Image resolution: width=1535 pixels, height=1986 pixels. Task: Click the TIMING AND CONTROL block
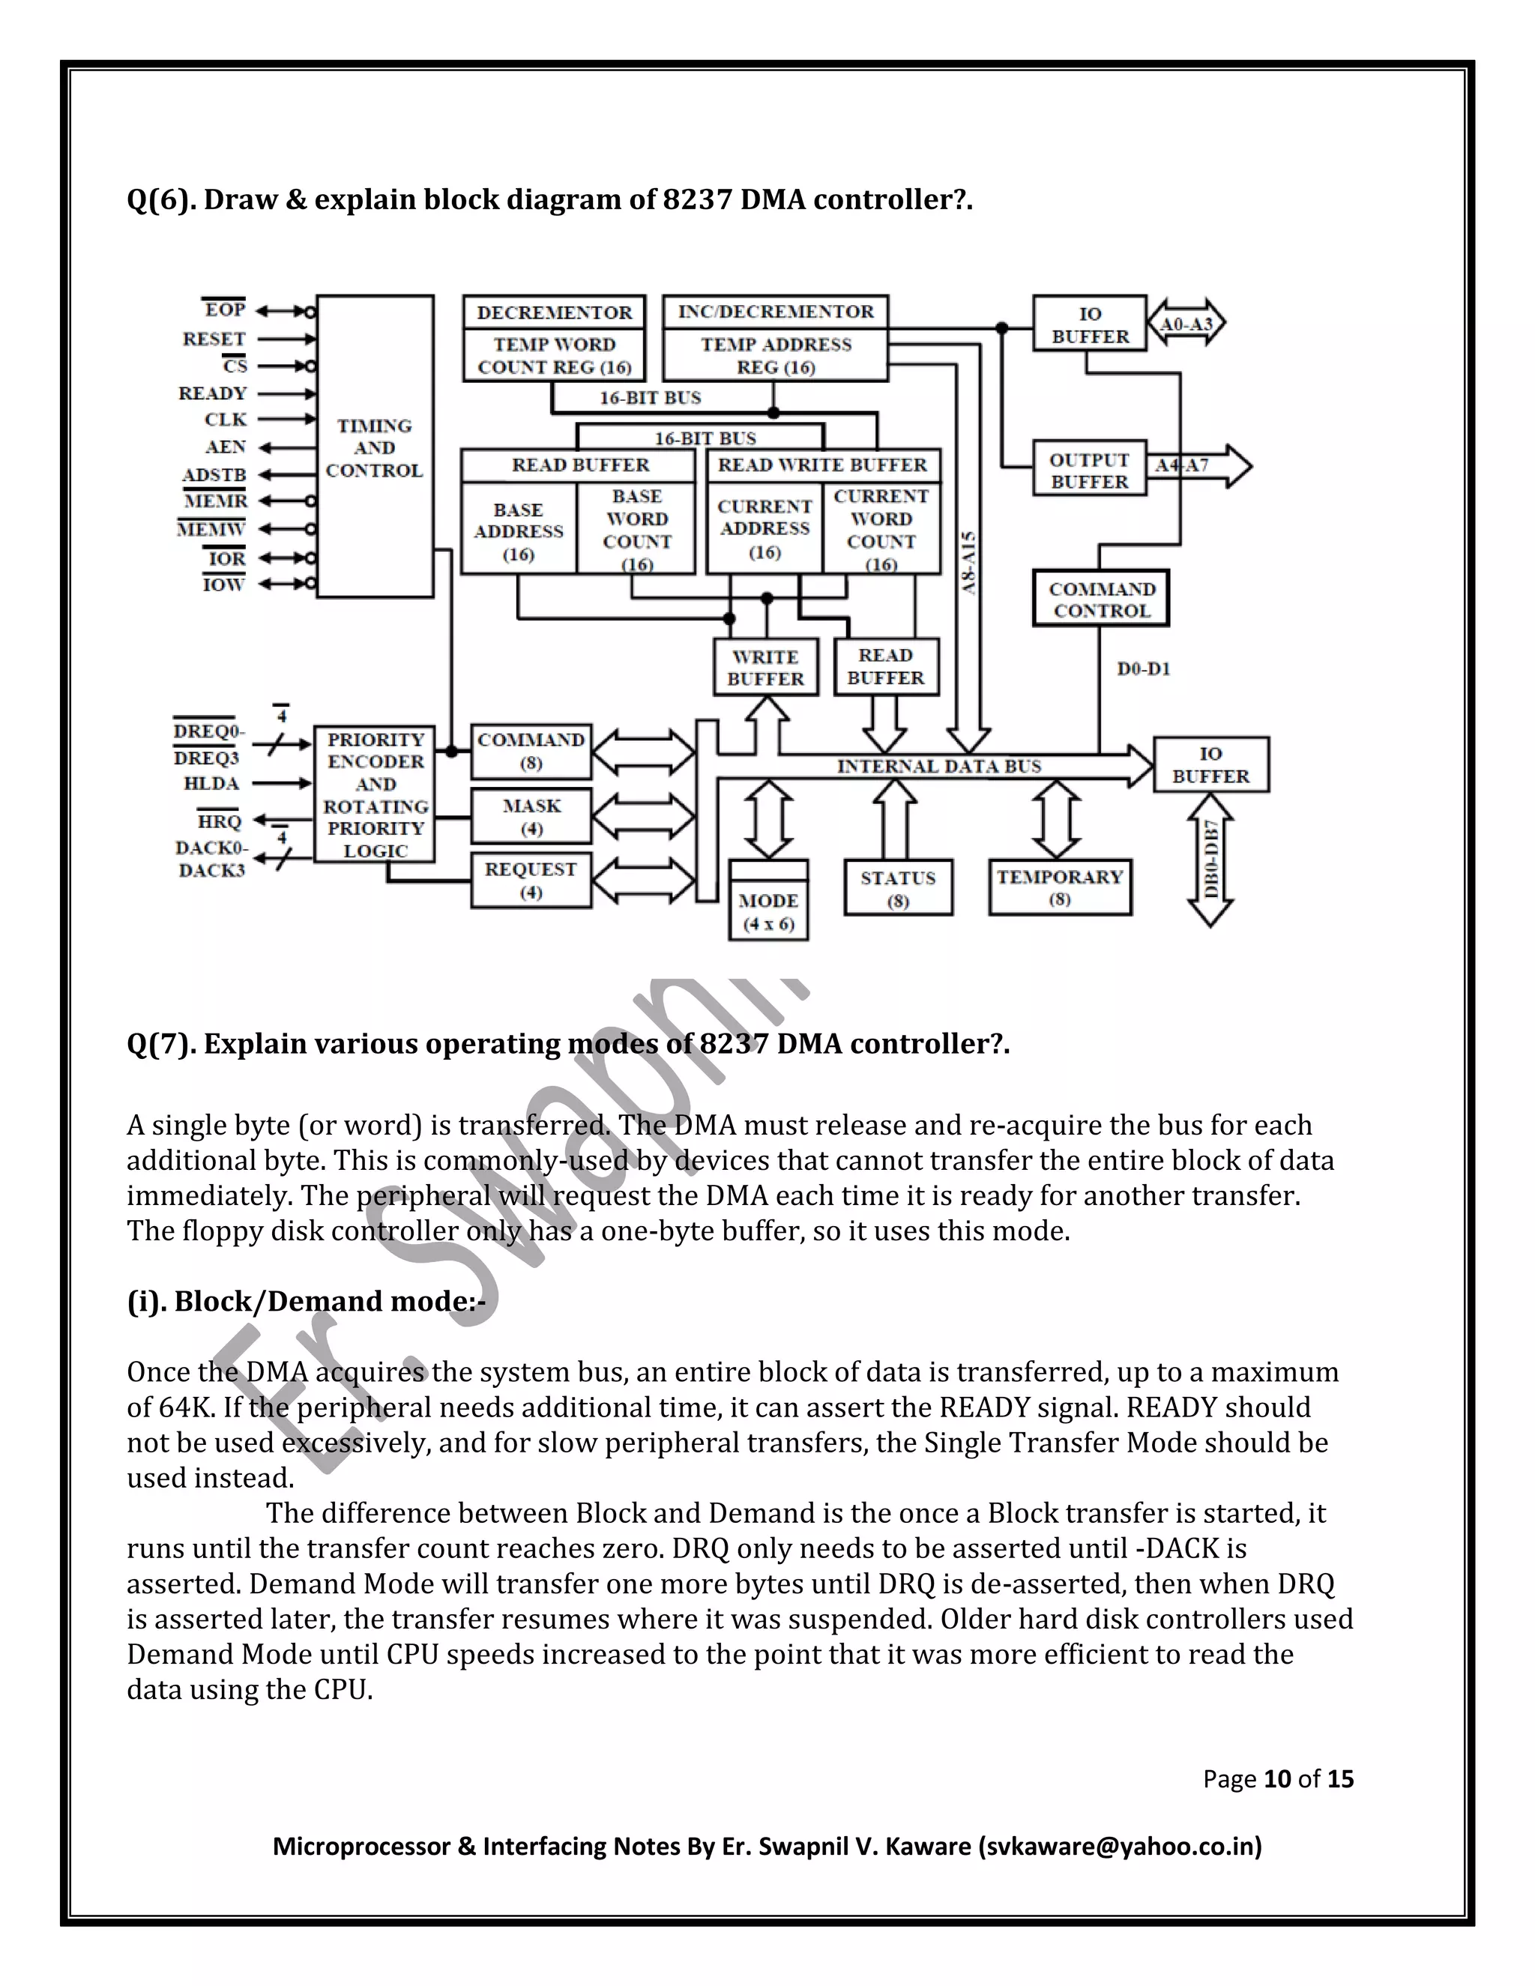coord(375,447)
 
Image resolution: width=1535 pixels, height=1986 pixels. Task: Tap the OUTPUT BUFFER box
coord(1089,470)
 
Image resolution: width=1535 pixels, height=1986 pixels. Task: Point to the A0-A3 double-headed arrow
coord(1186,324)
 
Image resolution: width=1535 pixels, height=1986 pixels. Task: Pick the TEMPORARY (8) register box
coord(1059,887)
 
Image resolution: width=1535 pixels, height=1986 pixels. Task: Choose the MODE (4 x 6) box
coord(768,911)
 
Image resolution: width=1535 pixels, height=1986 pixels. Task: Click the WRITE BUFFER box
coord(766,668)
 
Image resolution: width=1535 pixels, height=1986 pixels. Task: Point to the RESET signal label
coord(214,339)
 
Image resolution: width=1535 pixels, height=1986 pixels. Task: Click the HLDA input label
coord(211,784)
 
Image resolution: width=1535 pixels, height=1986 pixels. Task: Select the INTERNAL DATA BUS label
coord(938,767)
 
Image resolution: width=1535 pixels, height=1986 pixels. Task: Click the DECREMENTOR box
coord(554,313)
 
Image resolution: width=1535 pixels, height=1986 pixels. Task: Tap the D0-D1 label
coord(1143,669)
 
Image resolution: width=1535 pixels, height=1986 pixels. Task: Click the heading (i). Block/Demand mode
coord(307,1301)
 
